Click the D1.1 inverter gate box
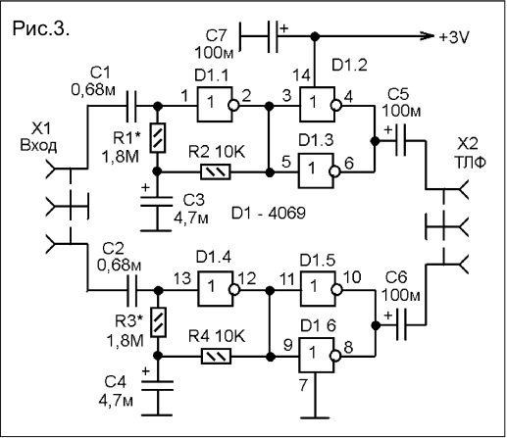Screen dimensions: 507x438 pyautogui.click(x=215, y=104)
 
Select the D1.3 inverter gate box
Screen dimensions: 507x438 pyautogui.click(x=316, y=170)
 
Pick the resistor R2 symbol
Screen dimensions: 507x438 pyautogui.click(x=216, y=171)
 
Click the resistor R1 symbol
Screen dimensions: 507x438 pyautogui.click(x=158, y=137)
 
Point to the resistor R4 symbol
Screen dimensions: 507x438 pyautogui.click(x=216, y=356)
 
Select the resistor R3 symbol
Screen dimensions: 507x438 pyautogui.click(x=158, y=322)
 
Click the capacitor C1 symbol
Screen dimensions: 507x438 pyautogui.click(x=131, y=106)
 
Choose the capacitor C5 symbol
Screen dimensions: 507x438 pyautogui.click(x=401, y=141)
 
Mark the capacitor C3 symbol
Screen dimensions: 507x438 pyautogui.click(x=157, y=201)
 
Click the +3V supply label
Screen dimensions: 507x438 pyautogui.click(x=454, y=37)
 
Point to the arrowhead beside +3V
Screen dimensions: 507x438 pyautogui.click(x=429, y=36)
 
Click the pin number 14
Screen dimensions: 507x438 pyautogui.click(x=301, y=75)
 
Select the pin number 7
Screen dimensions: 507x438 pyautogui.click(x=303, y=385)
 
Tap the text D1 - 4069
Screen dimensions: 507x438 pyautogui.click(x=269, y=214)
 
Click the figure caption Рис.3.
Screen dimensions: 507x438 pyautogui.click(x=41, y=28)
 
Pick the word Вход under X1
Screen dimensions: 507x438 pyautogui.click(x=38, y=145)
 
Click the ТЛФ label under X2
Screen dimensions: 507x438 pyautogui.click(x=468, y=162)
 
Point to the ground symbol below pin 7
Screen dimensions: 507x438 pyautogui.click(x=316, y=417)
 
